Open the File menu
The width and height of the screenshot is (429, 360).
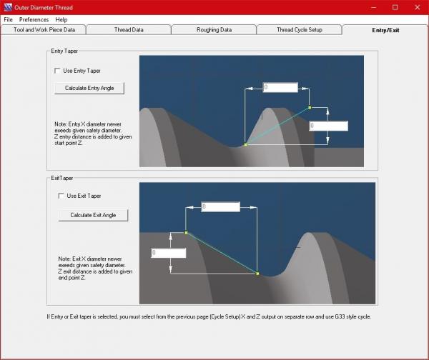(8, 20)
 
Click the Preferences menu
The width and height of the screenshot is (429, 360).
(34, 20)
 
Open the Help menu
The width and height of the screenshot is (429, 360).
(61, 20)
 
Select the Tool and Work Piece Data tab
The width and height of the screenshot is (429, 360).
(44, 30)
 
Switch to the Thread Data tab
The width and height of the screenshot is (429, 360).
(129, 30)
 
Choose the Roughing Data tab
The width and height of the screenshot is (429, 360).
(214, 30)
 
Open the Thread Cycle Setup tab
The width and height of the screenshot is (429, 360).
(300, 30)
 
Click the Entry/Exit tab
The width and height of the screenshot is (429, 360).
(385, 30)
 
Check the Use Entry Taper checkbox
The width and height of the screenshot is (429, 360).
(57, 71)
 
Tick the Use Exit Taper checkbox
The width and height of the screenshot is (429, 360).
(61, 196)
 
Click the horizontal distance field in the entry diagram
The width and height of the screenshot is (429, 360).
(280, 87)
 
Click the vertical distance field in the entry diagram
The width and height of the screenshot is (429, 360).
(329, 126)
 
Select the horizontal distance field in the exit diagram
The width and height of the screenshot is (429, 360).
(220, 206)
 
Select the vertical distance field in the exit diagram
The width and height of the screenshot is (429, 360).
(169, 253)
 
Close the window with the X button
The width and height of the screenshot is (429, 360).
(418, 7)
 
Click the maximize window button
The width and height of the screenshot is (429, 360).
(395, 7)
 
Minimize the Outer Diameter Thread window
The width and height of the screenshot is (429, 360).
(373, 7)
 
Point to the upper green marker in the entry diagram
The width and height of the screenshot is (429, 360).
(310, 108)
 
